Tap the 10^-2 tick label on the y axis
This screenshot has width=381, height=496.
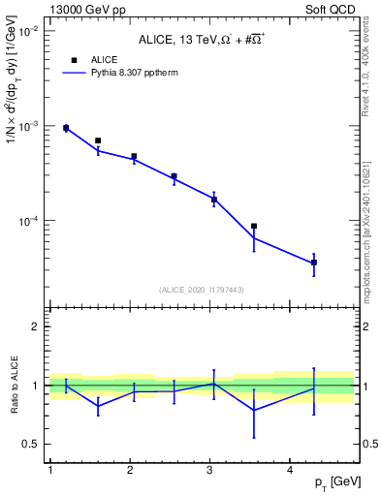pyautogui.click(x=29, y=32)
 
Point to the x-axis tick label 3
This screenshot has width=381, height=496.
pyautogui.click(x=210, y=470)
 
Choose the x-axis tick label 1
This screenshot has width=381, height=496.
pyautogui.click(x=49, y=470)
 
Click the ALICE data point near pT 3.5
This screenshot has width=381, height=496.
pyautogui.click(x=254, y=226)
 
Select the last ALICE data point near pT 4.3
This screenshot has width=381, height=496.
pyautogui.click(x=314, y=263)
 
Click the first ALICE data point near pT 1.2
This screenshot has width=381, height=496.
pyautogui.click(x=66, y=128)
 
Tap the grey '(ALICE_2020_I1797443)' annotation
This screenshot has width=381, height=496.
pyautogui.click(x=202, y=290)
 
